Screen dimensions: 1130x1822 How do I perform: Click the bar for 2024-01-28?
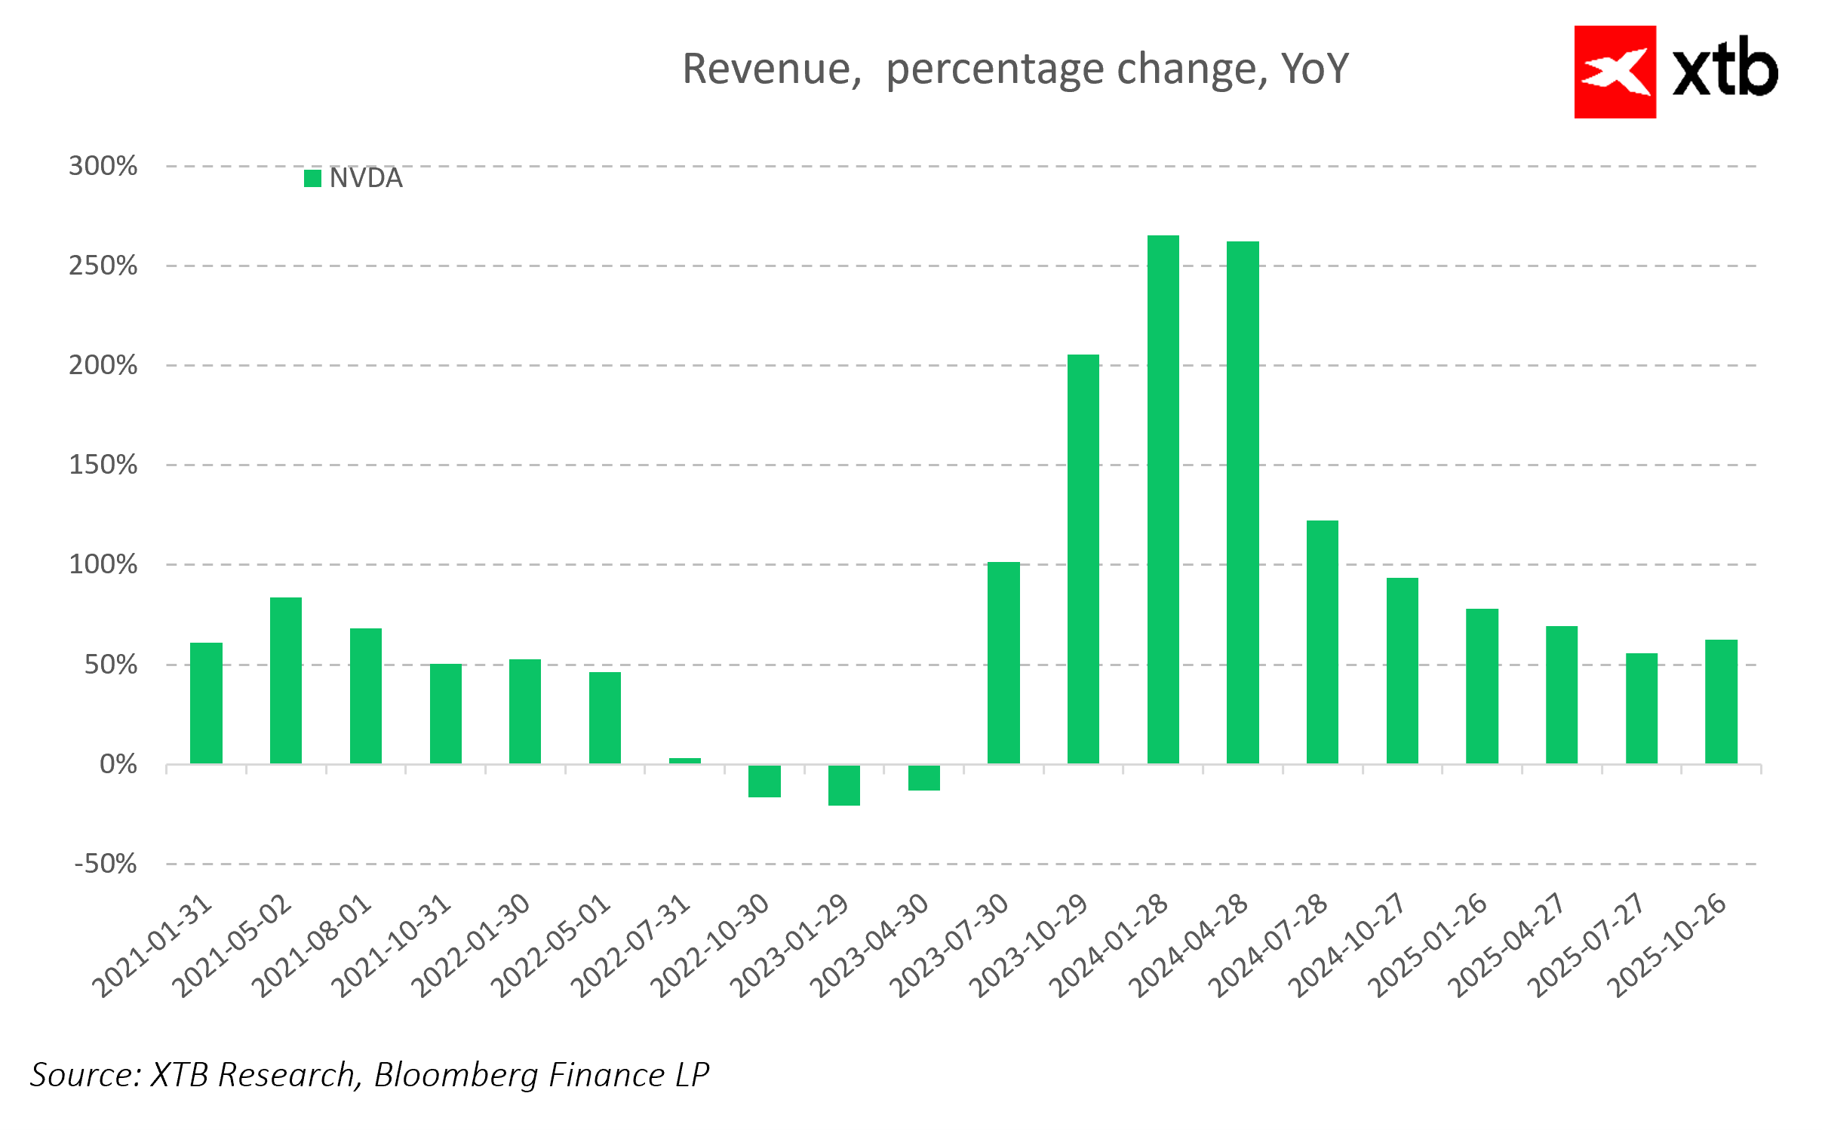click(1163, 499)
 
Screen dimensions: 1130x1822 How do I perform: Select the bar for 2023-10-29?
click(1083, 559)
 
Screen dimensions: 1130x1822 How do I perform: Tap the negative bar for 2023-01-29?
click(843, 785)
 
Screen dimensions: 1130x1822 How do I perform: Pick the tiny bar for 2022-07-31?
click(684, 760)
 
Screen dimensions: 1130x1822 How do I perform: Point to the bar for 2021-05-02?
click(286, 680)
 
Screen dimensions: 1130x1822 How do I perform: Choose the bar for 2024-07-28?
click(1322, 642)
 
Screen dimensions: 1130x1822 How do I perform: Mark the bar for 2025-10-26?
click(1721, 702)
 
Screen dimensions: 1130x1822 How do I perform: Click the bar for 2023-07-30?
click(1003, 663)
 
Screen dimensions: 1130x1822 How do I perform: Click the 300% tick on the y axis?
click(103, 166)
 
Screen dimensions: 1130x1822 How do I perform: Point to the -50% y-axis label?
click(106, 864)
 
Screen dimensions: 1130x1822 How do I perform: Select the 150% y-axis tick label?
click(103, 465)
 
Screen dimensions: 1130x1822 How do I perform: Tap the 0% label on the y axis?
click(118, 765)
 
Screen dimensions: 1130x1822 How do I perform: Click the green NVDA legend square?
click(312, 179)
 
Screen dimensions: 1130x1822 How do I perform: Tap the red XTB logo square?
click(1615, 72)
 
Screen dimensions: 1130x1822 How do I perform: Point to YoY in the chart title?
click(1314, 69)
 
